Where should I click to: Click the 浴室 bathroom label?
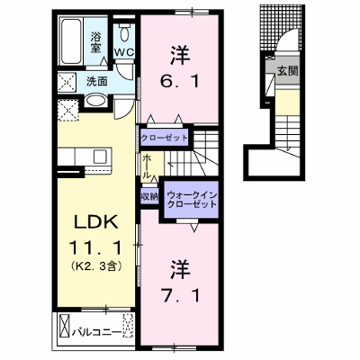coord(95,42)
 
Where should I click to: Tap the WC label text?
coord(124,52)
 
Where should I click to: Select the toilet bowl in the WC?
coord(124,32)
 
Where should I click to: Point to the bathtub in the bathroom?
coord(72,41)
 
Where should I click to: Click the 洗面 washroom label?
coord(97,81)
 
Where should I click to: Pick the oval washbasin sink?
coord(95,101)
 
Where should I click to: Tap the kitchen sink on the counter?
coord(100,156)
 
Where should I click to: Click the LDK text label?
coord(95,222)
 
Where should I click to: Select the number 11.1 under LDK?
coord(96,248)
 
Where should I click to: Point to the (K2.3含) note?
coord(96,265)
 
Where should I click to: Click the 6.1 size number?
coord(180,81)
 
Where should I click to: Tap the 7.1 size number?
coord(180,295)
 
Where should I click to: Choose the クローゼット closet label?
coord(164,139)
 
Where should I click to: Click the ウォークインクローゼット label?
coord(192,200)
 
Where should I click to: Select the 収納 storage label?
coord(149,196)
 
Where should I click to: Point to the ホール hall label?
coord(147,167)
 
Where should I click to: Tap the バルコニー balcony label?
coord(96,332)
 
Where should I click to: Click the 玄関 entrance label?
coord(287,71)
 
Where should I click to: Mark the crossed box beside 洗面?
coord(67,82)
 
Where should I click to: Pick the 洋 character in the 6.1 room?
coord(180,55)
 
